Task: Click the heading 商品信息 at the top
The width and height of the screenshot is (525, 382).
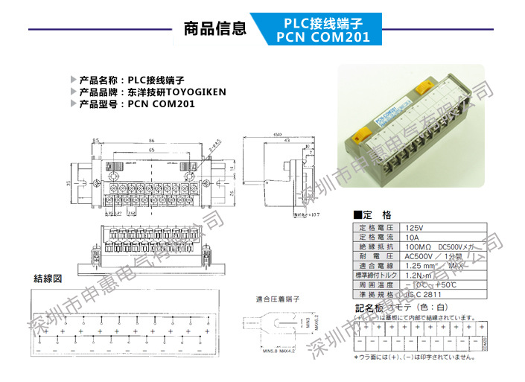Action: click(x=214, y=29)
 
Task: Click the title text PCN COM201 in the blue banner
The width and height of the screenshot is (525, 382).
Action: click(x=322, y=36)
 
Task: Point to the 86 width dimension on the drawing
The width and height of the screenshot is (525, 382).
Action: click(x=151, y=140)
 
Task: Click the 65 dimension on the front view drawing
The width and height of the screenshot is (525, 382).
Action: click(x=151, y=150)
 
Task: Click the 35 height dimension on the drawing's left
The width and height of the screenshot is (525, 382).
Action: click(x=69, y=183)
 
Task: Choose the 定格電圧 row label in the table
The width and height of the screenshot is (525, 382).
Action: click(x=377, y=226)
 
